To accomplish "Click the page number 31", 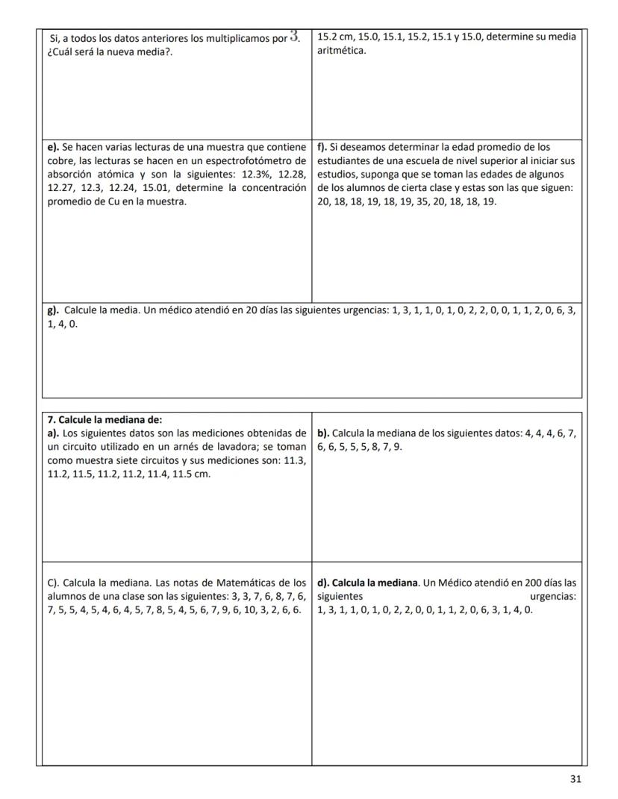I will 575,779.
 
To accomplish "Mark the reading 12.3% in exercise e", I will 246,174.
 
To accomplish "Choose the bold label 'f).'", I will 324,147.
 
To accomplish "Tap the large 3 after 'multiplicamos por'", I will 295,36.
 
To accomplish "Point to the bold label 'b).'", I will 323,433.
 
